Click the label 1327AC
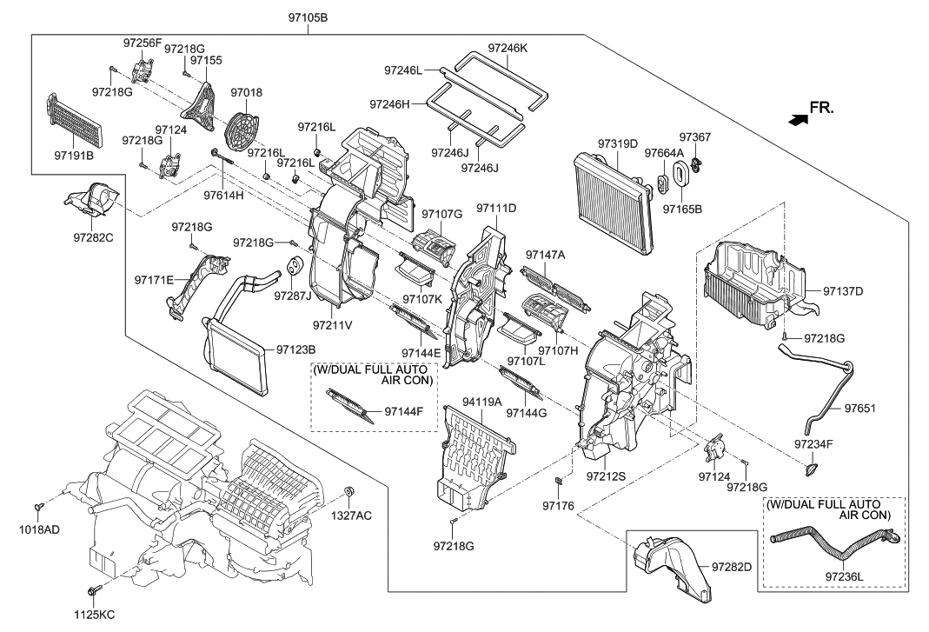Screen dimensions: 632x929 351,516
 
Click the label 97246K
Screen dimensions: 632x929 508,49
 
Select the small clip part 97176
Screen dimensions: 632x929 560,481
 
